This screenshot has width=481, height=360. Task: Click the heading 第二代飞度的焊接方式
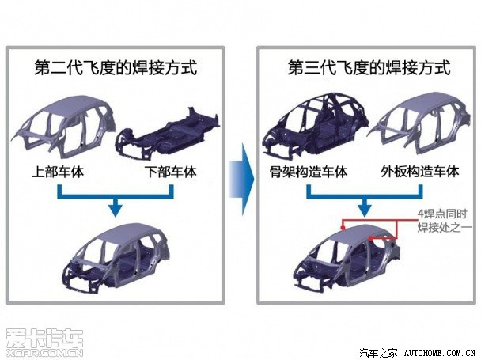tap(116, 67)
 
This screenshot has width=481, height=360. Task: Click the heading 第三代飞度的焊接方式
tap(369, 67)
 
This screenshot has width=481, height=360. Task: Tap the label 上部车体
tap(58, 172)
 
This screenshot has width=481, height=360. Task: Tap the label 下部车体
tap(171, 172)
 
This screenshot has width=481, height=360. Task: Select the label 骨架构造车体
tap(309, 172)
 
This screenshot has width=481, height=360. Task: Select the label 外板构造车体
tap(420, 172)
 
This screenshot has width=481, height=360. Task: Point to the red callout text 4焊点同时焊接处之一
tap(444, 221)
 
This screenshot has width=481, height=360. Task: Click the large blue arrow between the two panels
tap(242, 179)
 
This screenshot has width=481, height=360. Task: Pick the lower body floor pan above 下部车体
tap(167, 135)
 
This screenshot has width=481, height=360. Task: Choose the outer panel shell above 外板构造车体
tap(419, 123)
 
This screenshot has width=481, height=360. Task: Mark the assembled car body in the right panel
tap(347, 258)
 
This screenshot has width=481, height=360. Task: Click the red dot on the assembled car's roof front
tap(343, 228)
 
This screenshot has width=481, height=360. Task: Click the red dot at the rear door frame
tap(370, 238)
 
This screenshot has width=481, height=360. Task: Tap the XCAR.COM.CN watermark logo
tap(45, 343)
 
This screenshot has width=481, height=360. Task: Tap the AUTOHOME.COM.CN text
tap(440, 353)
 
